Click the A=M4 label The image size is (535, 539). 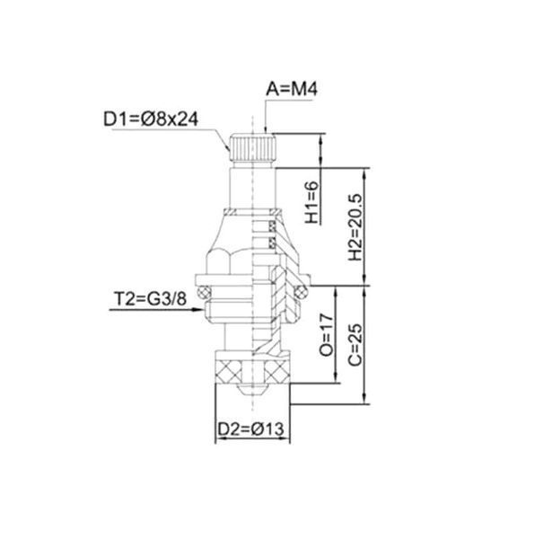pos(292,89)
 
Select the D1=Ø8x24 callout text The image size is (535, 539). pos(151,119)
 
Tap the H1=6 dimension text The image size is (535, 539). pos(311,202)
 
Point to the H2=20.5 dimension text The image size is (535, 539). pos(355,227)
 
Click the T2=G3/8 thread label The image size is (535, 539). pos(150,298)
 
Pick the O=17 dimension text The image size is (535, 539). pos(326,335)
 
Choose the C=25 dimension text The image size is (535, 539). pos(355,345)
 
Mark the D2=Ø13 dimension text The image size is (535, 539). pos(251,429)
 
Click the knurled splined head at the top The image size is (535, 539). pos(253,148)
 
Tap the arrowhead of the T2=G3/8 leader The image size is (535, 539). pos(197,309)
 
